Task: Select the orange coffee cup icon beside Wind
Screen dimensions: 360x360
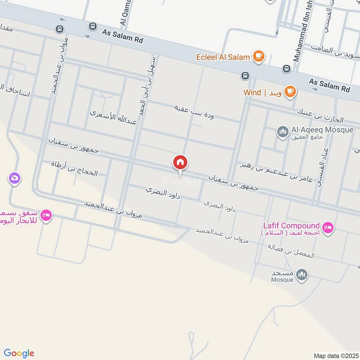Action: (x=290, y=92)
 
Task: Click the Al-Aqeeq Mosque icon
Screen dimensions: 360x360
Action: (x=283, y=132)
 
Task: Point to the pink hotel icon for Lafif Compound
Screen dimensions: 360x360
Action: (x=328, y=228)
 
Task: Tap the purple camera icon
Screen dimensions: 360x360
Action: (x=14, y=179)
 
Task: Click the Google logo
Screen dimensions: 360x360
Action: (x=19, y=353)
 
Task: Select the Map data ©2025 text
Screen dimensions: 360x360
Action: (x=335, y=355)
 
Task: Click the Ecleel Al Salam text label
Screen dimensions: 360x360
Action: (x=223, y=57)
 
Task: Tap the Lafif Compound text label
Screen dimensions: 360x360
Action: (x=292, y=225)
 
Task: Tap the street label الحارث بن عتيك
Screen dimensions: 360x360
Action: (x=319, y=116)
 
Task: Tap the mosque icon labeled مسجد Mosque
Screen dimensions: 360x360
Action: (x=302, y=274)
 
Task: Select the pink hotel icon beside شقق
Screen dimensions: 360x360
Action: (x=46, y=216)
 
